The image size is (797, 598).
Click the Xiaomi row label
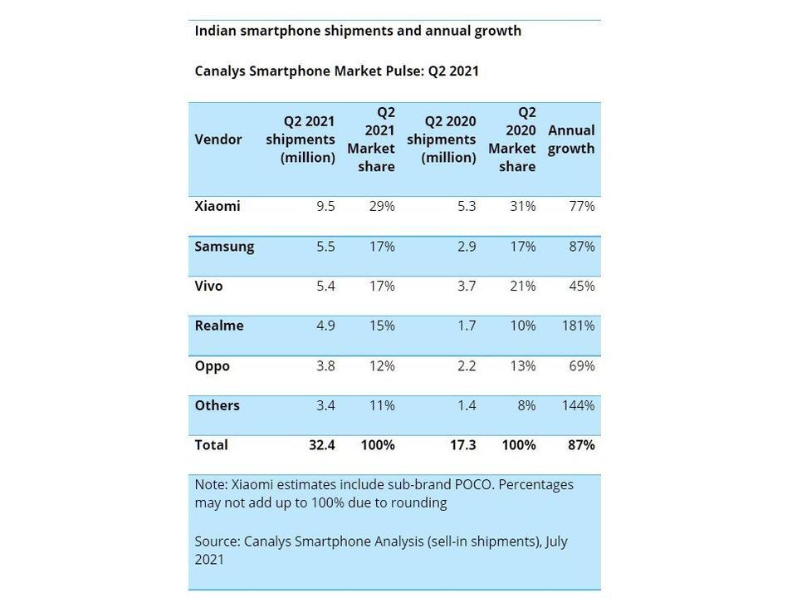tap(217, 206)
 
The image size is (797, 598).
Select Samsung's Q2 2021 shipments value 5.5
tap(325, 247)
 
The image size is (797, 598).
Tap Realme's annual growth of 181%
tap(578, 326)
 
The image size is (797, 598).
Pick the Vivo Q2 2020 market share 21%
tap(522, 286)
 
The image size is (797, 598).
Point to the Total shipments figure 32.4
tap(322, 445)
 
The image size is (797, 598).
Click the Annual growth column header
tap(571, 140)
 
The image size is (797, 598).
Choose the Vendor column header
tap(218, 140)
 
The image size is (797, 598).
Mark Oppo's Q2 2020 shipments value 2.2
tap(467, 365)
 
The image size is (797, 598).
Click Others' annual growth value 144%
tap(578, 405)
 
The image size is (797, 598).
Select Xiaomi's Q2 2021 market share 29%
tap(382, 206)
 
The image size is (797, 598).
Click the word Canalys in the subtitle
tap(220, 71)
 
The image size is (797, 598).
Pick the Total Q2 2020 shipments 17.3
tap(463, 445)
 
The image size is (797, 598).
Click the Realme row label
tap(219, 326)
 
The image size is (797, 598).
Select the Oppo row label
tap(212, 366)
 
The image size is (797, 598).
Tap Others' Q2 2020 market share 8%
tap(526, 405)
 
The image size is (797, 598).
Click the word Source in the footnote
tap(218, 541)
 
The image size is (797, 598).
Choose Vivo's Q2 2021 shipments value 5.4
tap(325, 286)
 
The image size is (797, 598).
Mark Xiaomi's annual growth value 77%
tap(582, 206)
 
